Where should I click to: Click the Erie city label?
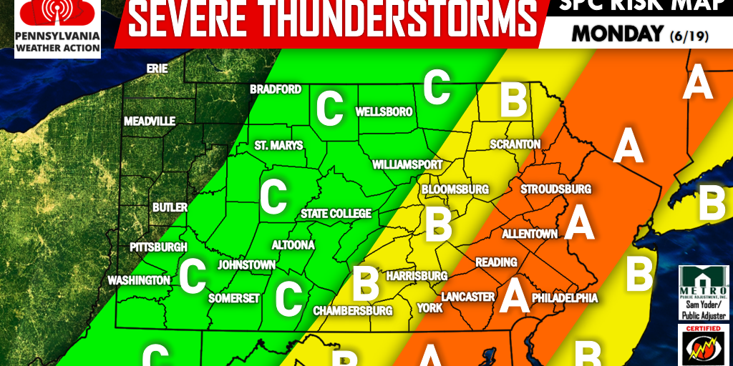click(157, 69)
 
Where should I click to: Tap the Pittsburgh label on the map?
click(158, 247)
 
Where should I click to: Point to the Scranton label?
click(515, 144)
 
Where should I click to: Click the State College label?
click(336, 214)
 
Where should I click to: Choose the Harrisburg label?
click(416, 276)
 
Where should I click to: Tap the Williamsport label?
click(407, 164)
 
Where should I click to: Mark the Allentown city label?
click(530, 234)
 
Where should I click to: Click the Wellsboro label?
click(384, 112)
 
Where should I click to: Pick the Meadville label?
click(149, 122)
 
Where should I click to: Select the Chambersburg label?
click(353, 311)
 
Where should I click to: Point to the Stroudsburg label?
click(555, 189)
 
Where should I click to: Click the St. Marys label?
click(278, 146)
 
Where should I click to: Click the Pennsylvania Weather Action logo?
click(50, 29)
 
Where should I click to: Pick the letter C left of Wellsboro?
click(329, 109)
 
